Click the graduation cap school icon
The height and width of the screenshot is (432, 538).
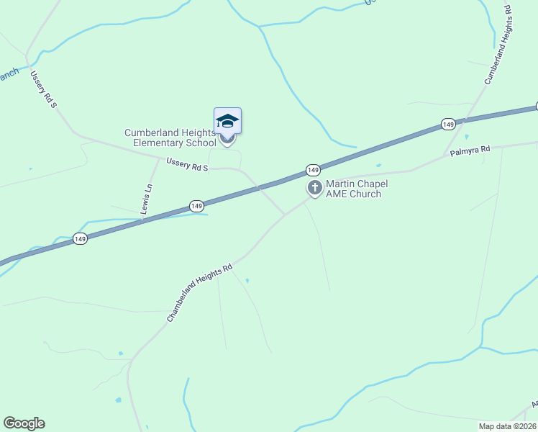point(227,120)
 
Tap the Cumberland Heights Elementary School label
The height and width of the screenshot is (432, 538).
point(170,138)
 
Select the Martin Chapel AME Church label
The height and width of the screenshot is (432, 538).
point(357,189)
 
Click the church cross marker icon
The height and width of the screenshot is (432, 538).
point(314,187)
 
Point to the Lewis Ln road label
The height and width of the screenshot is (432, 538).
point(147,197)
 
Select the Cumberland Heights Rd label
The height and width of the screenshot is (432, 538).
point(501,45)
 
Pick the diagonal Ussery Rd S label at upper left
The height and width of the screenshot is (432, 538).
point(43,89)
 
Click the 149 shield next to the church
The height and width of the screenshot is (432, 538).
point(312,170)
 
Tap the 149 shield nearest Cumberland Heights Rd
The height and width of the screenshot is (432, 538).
point(448,125)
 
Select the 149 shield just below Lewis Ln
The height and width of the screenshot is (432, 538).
point(196,207)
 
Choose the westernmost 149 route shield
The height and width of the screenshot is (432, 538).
point(80,239)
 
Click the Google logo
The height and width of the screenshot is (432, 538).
point(24,423)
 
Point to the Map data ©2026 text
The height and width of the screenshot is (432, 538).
point(507,426)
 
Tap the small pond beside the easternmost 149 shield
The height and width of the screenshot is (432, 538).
point(467,136)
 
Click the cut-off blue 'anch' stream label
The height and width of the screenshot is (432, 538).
point(9,74)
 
